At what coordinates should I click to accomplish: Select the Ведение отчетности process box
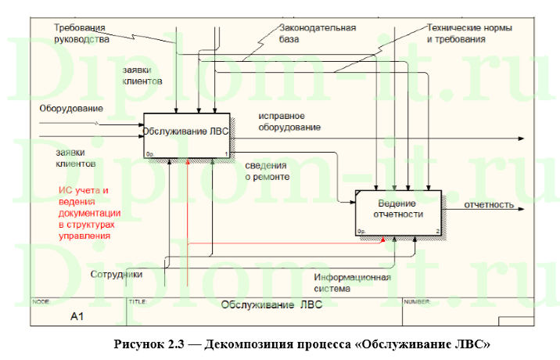398,212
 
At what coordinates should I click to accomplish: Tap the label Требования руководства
81,32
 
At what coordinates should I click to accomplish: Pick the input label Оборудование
71,107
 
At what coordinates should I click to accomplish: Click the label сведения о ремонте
267,171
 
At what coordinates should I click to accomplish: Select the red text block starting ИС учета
90,212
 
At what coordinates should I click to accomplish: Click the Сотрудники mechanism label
116,275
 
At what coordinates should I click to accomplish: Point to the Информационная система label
351,283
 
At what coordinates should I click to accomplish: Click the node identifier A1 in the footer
77,317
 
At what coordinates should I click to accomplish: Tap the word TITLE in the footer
137,300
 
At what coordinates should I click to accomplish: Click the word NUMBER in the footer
416,300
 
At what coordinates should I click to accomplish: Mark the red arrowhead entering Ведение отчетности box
382,239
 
